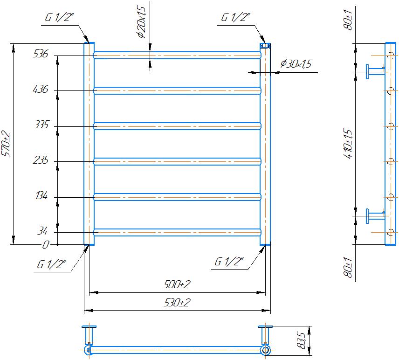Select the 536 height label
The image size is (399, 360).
(x=41, y=54)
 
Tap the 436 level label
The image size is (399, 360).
(x=41, y=89)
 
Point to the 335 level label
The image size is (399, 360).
(x=41, y=125)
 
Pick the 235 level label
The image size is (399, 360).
(x=41, y=160)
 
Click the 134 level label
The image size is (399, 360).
(x=41, y=195)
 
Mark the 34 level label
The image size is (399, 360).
(x=42, y=231)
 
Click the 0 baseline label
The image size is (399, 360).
(x=45, y=245)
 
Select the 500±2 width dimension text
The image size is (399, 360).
(x=177, y=284)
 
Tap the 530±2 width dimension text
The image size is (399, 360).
(x=177, y=303)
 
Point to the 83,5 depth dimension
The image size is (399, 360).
(x=301, y=340)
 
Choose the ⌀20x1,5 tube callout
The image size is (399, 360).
(x=142, y=22)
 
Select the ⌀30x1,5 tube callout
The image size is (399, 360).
(x=296, y=63)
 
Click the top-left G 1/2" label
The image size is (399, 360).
(x=60, y=17)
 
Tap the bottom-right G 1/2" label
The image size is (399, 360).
(x=229, y=262)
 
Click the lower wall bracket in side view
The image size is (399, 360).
(x=375, y=216)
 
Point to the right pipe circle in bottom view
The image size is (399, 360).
(x=265, y=350)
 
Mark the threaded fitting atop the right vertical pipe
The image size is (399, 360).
(x=265, y=46)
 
